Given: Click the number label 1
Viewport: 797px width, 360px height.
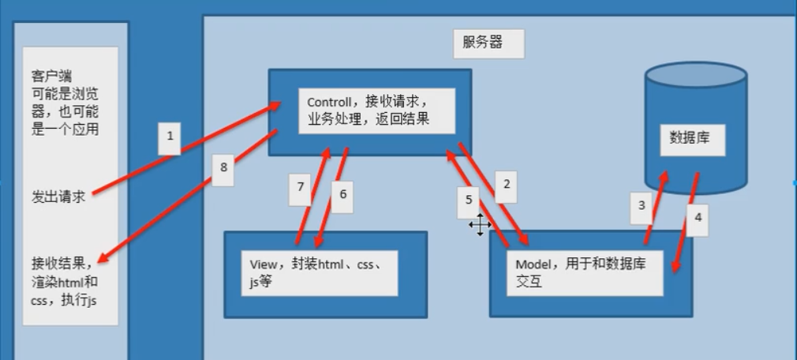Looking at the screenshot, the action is (170, 137).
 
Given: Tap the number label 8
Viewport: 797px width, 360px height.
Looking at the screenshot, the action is (223, 167).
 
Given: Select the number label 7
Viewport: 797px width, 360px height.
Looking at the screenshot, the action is (301, 188).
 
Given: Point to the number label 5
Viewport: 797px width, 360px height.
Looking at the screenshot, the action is (468, 201).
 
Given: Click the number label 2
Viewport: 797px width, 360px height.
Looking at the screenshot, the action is (507, 184).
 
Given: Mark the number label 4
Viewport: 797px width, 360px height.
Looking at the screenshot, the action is (697, 213).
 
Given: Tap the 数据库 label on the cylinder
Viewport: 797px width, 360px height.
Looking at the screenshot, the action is (690, 137).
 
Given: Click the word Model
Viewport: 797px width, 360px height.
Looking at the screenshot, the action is (533, 264).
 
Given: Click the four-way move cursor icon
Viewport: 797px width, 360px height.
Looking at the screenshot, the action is (480, 225).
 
